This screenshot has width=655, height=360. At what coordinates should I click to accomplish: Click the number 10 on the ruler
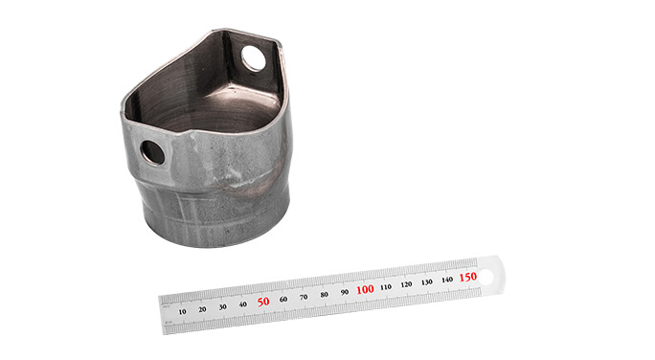pyautogui.click(x=182, y=311)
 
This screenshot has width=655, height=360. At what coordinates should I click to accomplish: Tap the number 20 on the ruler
pyautogui.click(x=202, y=309)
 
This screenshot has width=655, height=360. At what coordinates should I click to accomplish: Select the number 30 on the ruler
pyautogui.click(x=223, y=307)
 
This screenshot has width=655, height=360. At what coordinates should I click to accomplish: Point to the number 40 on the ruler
pyautogui.click(x=242, y=304)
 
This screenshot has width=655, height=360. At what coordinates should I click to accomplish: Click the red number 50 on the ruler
pyautogui.click(x=263, y=302)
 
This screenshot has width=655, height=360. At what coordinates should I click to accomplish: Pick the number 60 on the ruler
pyautogui.click(x=283, y=299)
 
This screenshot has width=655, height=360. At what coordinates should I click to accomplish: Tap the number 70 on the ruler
pyautogui.click(x=304, y=297)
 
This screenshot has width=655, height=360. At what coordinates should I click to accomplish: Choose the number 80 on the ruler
pyautogui.click(x=325, y=295)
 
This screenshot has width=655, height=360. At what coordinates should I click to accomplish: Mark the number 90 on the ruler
pyautogui.click(x=345, y=292)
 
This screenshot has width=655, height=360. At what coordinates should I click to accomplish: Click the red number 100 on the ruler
pyautogui.click(x=365, y=289)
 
